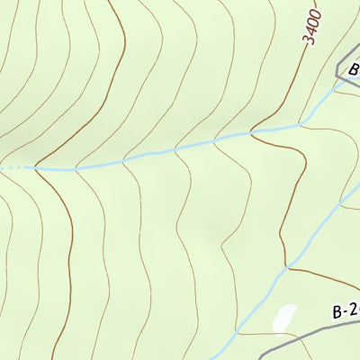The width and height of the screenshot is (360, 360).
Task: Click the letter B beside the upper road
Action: pos(354,69)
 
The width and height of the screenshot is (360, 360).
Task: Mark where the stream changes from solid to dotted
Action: pos(34,167)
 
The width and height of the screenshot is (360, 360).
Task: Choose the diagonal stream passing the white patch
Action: pos(261,292)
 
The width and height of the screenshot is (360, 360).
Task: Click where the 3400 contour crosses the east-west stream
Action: pos(254,133)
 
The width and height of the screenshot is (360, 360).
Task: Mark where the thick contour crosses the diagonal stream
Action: pos(287,267)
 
